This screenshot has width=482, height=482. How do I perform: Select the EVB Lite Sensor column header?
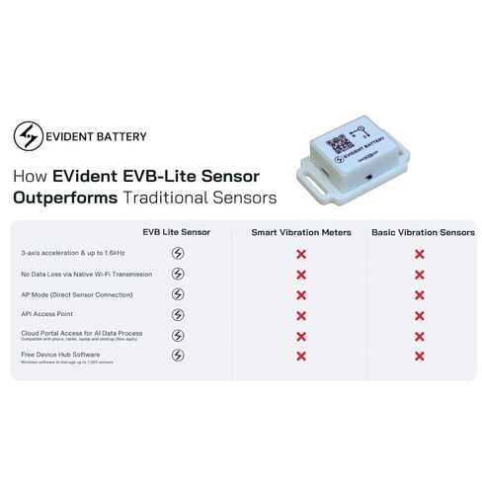[x=177, y=233]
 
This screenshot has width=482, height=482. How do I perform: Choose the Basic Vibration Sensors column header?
[x=423, y=233]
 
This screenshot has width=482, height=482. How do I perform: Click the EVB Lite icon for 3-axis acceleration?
[x=178, y=254]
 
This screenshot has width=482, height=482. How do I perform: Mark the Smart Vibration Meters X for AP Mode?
[x=301, y=294]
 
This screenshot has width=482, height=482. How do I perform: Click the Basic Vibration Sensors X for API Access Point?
[x=420, y=315]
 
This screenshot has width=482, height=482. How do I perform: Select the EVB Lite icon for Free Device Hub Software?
[x=178, y=356]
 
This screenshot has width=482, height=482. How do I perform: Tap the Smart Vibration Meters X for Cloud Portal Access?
[x=301, y=336]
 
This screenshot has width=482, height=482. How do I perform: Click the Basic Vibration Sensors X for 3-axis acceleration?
[x=420, y=254]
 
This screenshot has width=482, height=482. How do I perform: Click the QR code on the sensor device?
[x=338, y=140]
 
